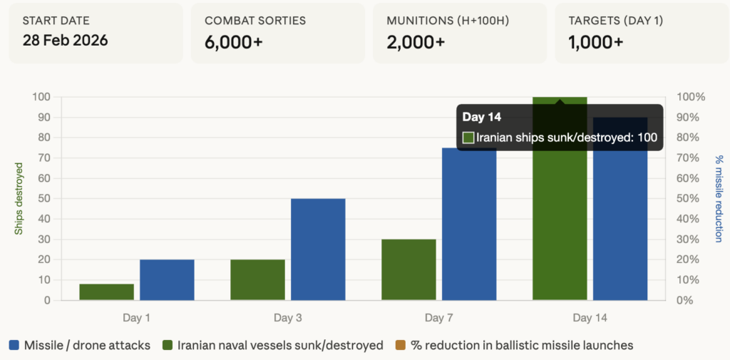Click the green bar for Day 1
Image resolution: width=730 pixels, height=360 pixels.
pyautogui.click(x=107, y=292)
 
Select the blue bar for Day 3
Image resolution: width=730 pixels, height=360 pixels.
pyautogui.click(x=318, y=249)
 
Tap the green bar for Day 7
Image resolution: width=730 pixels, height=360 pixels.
pyautogui.click(x=409, y=269)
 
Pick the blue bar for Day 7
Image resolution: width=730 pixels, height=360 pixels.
pyautogui.click(x=469, y=224)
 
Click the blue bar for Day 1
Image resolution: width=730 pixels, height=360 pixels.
pyautogui.click(x=167, y=279)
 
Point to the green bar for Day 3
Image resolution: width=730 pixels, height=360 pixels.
pyautogui.click(x=258, y=279)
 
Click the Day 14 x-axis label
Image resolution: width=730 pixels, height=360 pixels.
pyautogui.click(x=590, y=317)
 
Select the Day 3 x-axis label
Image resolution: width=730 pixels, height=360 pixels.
pyautogui.click(x=288, y=317)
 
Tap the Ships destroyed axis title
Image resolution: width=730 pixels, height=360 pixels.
pyautogui.click(x=19, y=198)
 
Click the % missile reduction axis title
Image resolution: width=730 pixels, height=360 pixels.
pyautogui.click(x=719, y=198)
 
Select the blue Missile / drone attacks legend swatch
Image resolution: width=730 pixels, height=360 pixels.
pyautogui.click(x=14, y=346)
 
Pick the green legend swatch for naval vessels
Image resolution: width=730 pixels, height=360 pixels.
pyautogui.click(x=167, y=346)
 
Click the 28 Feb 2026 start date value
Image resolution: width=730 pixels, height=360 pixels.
pyautogui.click(x=66, y=41)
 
